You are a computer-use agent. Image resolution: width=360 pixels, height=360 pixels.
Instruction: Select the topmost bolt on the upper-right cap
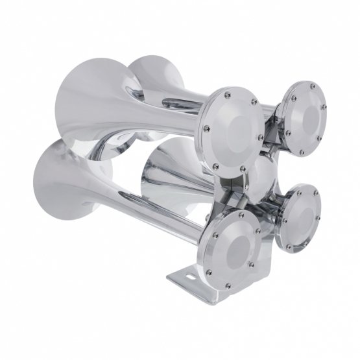(312, 84)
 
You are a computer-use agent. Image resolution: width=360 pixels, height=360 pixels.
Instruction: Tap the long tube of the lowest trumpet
(156, 214)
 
